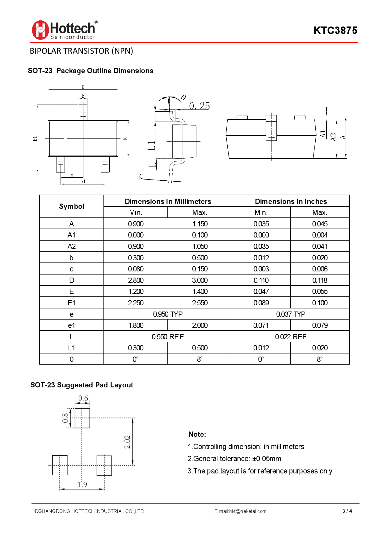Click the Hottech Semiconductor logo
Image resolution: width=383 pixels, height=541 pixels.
[64, 30]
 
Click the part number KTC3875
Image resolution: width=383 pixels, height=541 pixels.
[335, 30]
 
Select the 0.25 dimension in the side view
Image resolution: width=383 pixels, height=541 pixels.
[199, 106]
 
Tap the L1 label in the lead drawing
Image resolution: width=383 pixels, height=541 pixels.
[151, 146]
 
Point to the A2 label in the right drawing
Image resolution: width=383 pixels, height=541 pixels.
[333, 137]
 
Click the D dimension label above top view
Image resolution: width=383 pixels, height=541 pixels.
[83, 87]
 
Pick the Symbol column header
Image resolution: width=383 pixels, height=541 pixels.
[71, 206]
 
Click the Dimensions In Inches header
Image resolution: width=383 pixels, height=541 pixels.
[291, 201]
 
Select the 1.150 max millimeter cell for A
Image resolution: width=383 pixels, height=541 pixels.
[200, 224]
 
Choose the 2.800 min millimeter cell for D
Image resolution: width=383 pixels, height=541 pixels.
[136, 280]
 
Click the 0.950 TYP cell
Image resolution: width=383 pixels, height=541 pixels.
[168, 314]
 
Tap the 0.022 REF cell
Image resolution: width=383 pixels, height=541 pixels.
[291, 337]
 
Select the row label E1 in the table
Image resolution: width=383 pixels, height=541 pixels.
[71, 303]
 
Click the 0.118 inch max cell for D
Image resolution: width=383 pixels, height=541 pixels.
[320, 280]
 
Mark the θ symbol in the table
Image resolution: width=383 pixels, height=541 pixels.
[71, 359]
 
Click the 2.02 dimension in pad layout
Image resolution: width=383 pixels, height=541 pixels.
[127, 442]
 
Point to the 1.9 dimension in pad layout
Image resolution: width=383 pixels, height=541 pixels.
[82, 484]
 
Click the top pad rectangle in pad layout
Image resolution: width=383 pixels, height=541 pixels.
[82, 418]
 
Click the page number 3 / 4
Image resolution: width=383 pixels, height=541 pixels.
[347, 511]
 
